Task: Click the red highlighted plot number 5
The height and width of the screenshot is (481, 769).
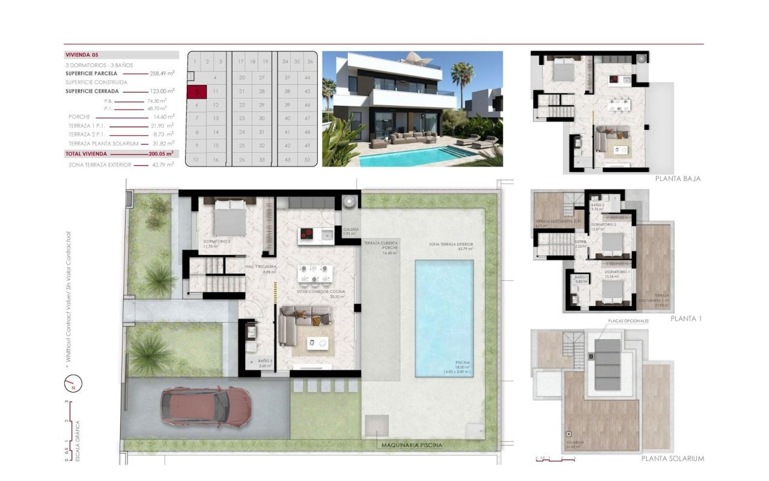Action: tap(196, 92)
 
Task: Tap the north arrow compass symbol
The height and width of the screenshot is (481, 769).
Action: tap(73, 382)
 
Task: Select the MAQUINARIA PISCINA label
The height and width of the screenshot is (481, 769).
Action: tap(412, 446)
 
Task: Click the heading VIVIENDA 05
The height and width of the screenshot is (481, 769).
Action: tap(82, 55)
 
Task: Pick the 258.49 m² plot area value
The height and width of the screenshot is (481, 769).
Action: tap(162, 73)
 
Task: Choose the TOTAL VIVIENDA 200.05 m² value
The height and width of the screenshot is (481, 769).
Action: tap(161, 154)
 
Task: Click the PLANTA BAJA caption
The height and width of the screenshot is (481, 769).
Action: tap(678, 179)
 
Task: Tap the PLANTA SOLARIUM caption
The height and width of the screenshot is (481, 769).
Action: tap(673, 459)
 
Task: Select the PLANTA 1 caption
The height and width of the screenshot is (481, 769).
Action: tap(686, 318)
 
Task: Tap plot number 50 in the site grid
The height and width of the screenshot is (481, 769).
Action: tap(308, 159)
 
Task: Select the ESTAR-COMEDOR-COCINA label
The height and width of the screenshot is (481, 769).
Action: tap(321, 292)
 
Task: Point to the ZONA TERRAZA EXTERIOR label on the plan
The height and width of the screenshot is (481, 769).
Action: tap(451, 245)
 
